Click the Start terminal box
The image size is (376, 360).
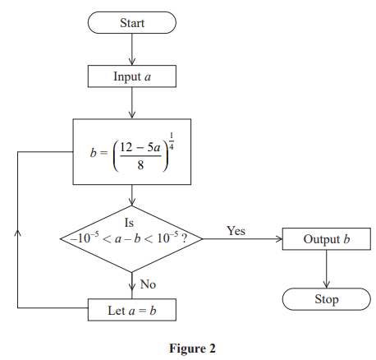tap(131, 23)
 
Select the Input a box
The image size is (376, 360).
tap(131, 76)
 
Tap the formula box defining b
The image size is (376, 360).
tap(131, 152)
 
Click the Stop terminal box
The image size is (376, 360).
tap(327, 299)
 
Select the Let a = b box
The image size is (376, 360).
tap(131, 312)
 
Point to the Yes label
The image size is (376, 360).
tap(236, 231)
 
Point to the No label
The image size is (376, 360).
tap(149, 284)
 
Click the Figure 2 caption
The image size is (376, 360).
tap(191, 348)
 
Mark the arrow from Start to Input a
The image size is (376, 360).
tap(131, 49)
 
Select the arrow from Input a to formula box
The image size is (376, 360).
tap(131, 104)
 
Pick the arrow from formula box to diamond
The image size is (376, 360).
tap(131, 196)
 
